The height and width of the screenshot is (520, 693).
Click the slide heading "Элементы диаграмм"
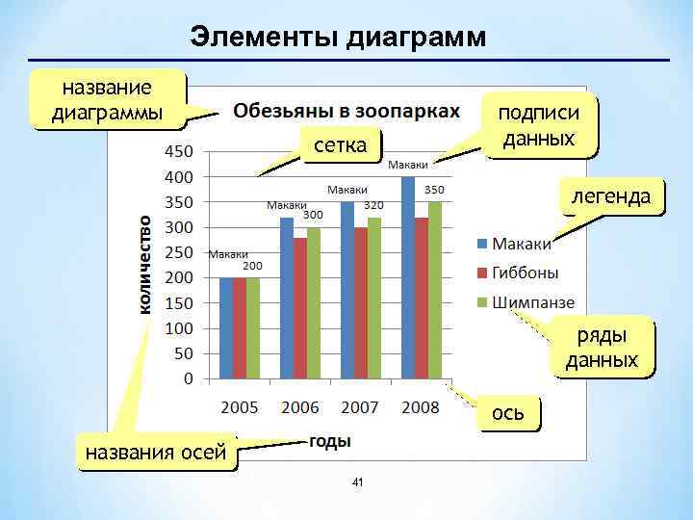(339, 37)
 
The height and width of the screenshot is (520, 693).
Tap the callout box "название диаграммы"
(107, 101)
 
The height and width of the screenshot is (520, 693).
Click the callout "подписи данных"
(538, 125)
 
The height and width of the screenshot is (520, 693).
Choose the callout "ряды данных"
(603, 348)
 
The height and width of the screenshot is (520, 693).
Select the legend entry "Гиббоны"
(526, 272)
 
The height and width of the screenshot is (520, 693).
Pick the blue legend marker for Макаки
(481, 243)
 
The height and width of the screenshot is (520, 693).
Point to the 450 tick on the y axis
(176, 151)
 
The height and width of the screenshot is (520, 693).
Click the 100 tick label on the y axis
(176, 327)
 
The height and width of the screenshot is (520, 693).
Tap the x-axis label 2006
(299, 407)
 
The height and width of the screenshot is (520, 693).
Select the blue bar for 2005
(226, 328)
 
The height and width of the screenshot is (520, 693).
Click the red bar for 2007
(360, 302)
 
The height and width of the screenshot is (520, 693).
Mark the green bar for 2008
(434, 290)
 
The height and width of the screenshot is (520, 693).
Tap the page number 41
(357, 481)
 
